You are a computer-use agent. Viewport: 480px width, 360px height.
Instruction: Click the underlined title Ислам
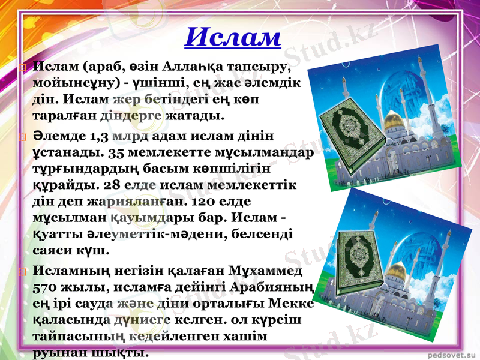pos(232,37)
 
